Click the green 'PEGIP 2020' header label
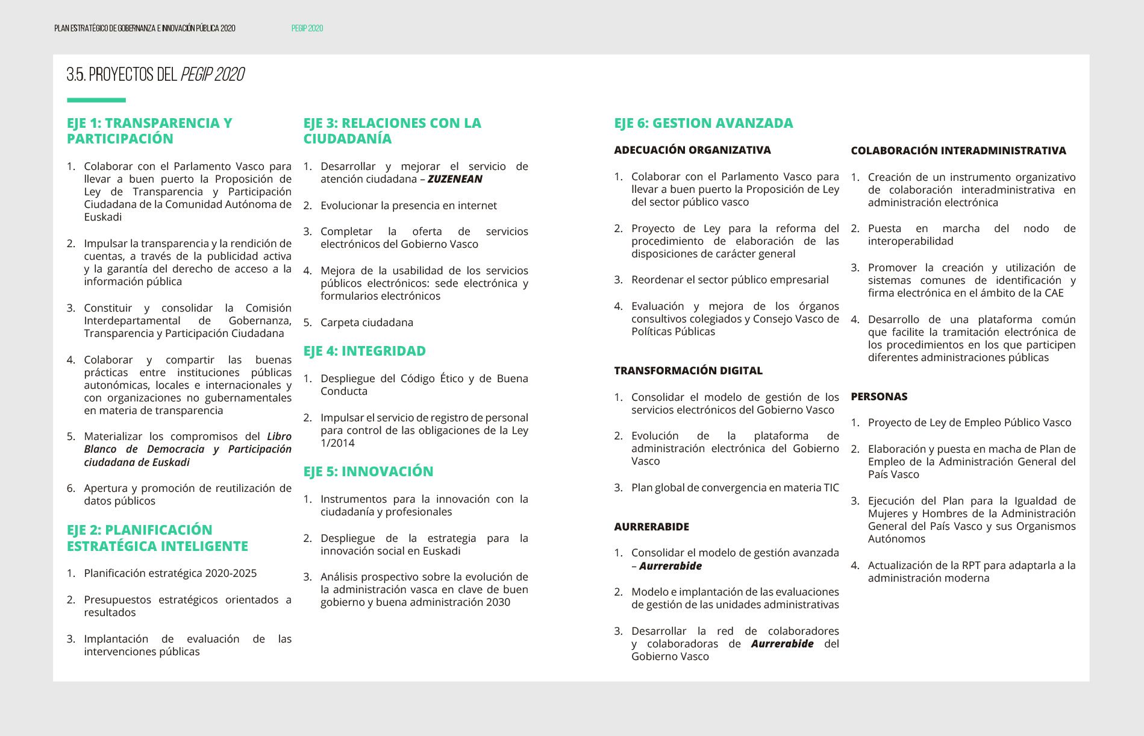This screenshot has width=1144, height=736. click(307, 28)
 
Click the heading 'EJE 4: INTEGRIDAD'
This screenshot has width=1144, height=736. click(364, 351)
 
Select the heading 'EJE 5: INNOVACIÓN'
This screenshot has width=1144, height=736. click(368, 471)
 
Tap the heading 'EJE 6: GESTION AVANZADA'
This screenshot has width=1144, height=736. click(703, 123)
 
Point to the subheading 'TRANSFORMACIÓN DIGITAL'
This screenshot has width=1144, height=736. click(688, 371)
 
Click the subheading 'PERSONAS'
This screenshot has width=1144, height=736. click(879, 397)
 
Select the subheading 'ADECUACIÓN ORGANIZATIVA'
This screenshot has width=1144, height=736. click(692, 150)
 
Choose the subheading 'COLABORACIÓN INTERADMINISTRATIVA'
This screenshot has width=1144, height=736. click(958, 151)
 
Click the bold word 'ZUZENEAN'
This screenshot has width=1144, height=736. click(455, 179)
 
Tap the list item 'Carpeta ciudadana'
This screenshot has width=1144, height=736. click(366, 322)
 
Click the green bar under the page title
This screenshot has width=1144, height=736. click(96, 100)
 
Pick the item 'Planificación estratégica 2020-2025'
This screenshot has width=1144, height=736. click(170, 573)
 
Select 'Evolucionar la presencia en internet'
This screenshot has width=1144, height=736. click(408, 206)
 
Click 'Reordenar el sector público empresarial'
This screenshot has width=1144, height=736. click(730, 280)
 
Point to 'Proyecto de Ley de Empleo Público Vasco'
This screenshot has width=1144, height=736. click(969, 423)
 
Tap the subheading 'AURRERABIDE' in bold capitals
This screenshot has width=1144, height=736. click(651, 527)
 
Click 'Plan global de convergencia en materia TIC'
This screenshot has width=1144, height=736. click(735, 488)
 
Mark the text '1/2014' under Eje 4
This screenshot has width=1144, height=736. click(337, 443)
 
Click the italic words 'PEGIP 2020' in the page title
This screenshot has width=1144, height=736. click(212, 75)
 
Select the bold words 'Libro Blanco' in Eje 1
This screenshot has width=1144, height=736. click(279, 436)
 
